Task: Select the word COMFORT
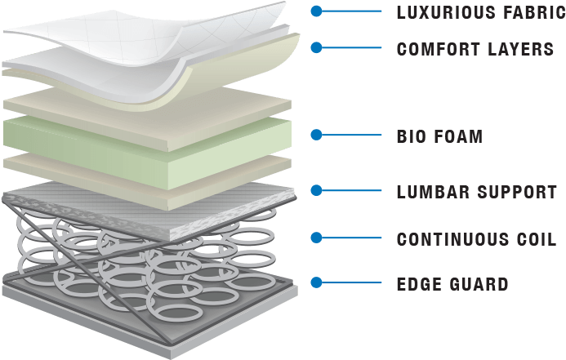(439, 49)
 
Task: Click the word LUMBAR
(433, 192)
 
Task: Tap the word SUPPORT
(517, 192)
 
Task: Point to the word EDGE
(419, 284)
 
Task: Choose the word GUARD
(479, 284)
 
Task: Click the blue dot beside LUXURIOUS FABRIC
(317, 11)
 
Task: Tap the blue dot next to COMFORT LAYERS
(317, 47)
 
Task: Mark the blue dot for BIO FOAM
(317, 135)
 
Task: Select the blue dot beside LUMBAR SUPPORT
(317, 190)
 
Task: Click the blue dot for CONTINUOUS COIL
(317, 238)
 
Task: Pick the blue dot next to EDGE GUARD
(317, 282)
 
